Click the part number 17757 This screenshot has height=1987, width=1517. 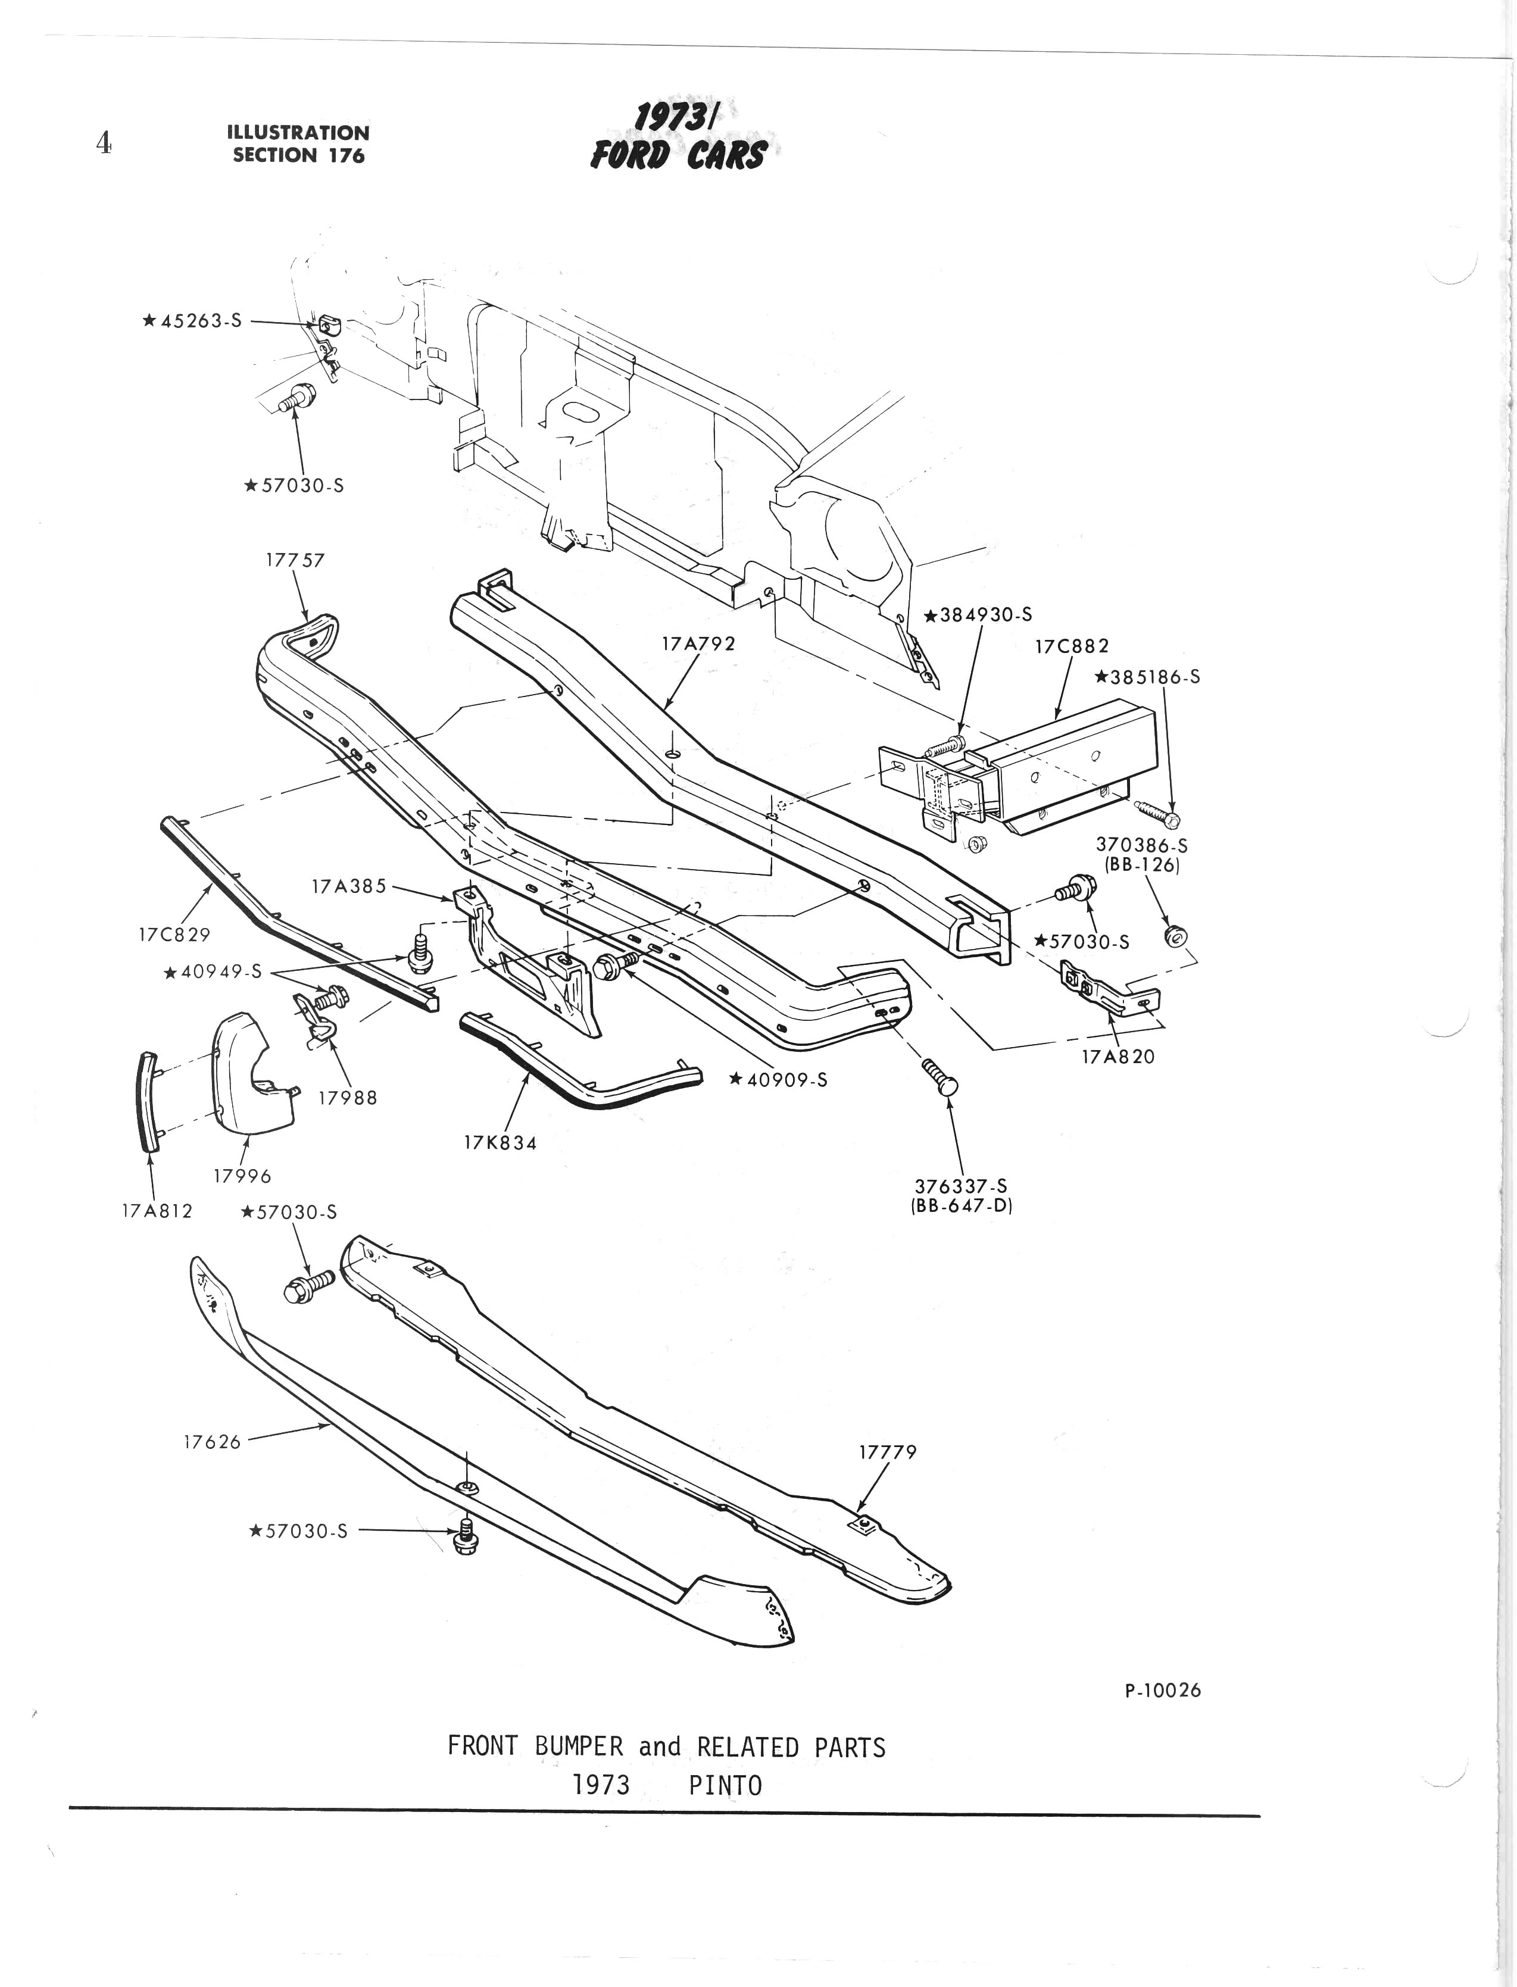pyautogui.click(x=295, y=560)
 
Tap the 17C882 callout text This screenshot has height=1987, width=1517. pyautogui.click(x=1073, y=646)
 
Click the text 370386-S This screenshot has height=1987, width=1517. pyautogui.click(x=1141, y=845)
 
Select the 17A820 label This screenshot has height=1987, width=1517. pyautogui.click(x=1118, y=1056)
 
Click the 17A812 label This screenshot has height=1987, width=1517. pyautogui.click(x=157, y=1211)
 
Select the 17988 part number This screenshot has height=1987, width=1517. pyautogui.click(x=348, y=1098)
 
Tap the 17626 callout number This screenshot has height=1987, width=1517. pyautogui.click(x=212, y=1442)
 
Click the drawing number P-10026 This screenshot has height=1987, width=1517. pyautogui.click(x=1163, y=1691)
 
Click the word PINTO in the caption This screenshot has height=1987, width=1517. pyautogui.click(x=725, y=1786)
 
